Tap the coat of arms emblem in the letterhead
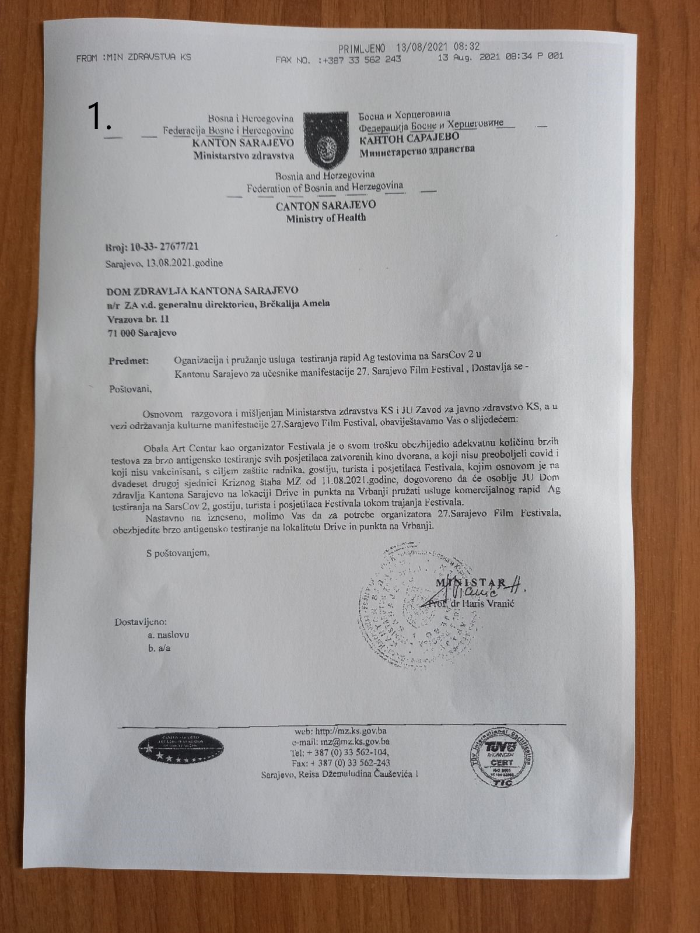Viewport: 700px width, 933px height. pos(325,139)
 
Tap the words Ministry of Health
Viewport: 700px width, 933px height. pos(325,218)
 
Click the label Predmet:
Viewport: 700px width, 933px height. pos(128,361)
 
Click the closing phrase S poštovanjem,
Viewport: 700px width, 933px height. pos(178,551)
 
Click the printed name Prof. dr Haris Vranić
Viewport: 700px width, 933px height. pos(470,604)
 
